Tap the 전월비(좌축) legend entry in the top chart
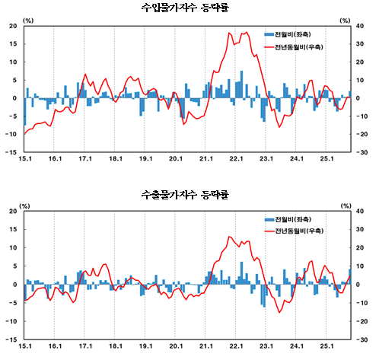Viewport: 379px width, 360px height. click(x=293, y=35)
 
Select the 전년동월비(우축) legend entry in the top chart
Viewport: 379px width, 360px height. click(x=296, y=47)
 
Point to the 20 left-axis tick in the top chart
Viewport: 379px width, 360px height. click(x=14, y=26)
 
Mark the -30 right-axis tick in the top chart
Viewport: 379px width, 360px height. click(x=364, y=152)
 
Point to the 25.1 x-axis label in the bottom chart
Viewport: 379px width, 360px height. click(x=326, y=346)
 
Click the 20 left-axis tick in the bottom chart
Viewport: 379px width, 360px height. click(x=14, y=212)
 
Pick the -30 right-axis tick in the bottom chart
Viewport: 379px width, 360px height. click(x=364, y=339)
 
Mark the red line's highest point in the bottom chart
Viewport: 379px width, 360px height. click(x=230, y=237)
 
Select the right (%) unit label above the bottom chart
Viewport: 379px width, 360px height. click(x=346, y=205)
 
